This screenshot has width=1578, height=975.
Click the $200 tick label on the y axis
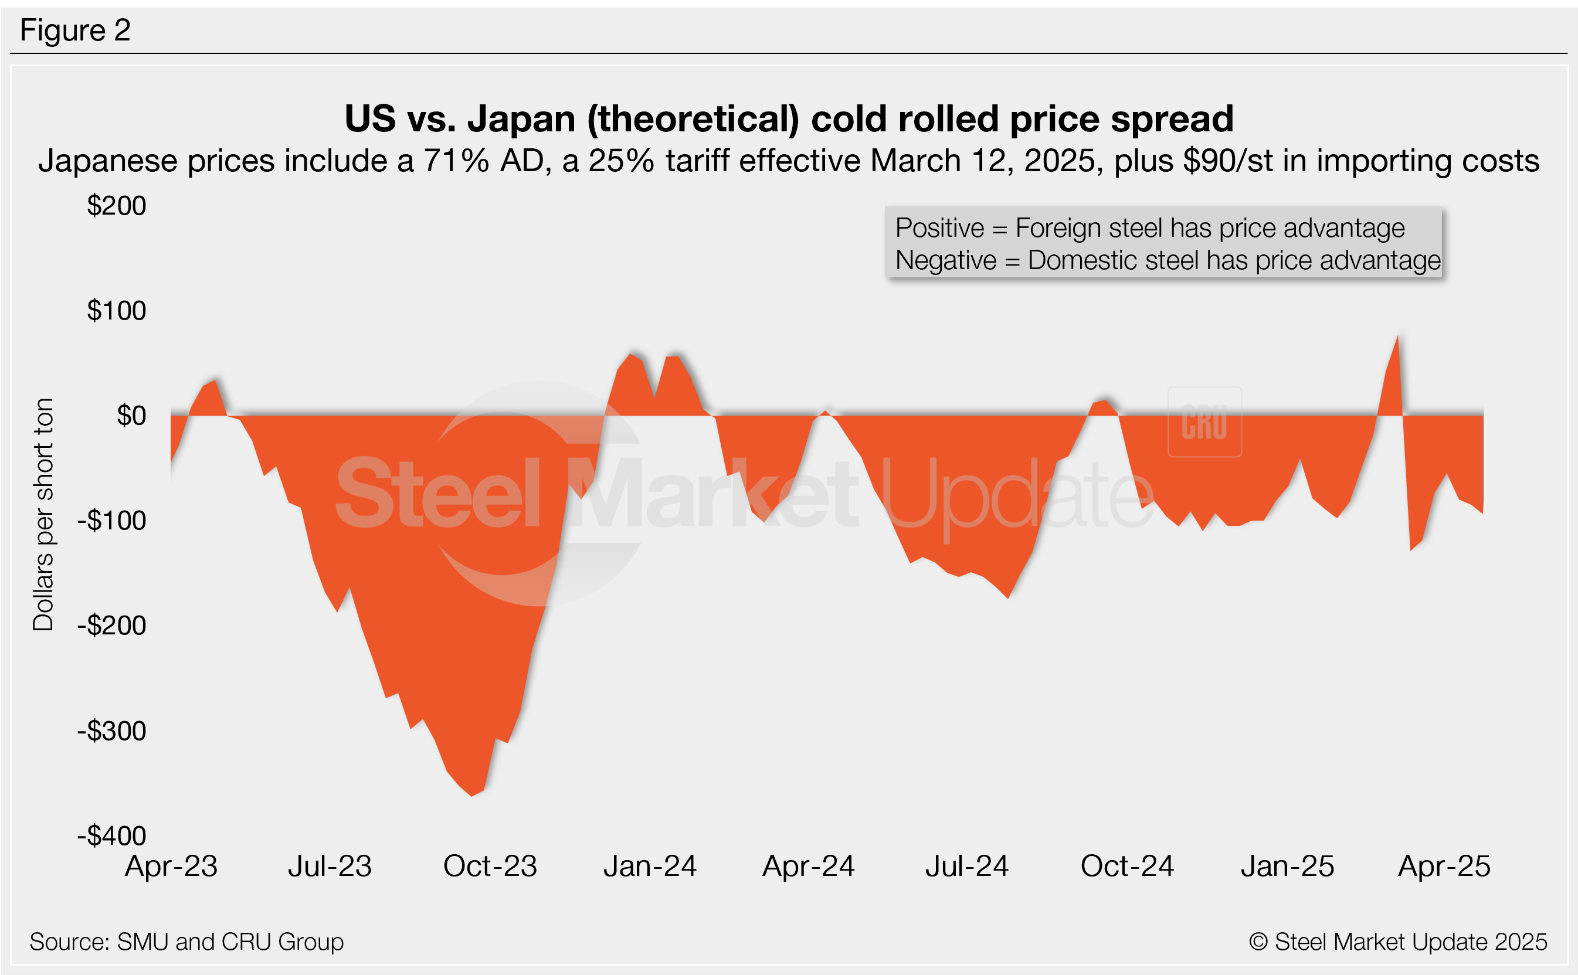[117, 206]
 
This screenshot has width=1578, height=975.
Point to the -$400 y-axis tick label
[111, 835]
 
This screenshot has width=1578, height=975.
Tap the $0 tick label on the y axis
[131, 416]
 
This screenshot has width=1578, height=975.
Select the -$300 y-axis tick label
[111, 731]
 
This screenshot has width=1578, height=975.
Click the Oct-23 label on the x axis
[490, 866]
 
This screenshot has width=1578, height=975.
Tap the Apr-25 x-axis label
[1444, 866]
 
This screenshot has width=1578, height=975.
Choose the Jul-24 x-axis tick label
[966, 866]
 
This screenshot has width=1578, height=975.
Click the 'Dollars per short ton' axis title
[43, 514]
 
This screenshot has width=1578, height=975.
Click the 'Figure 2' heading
[76, 30]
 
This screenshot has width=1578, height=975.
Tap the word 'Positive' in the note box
[939, 228]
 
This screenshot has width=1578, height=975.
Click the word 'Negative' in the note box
[945, 260]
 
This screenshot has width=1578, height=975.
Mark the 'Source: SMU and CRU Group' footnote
[186, 942]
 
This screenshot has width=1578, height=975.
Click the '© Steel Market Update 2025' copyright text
[1397, 942]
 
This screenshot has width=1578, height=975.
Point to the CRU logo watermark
[1204, 422]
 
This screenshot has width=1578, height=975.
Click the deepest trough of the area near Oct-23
[472, 795]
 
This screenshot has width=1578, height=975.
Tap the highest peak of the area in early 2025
[1397, 337]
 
